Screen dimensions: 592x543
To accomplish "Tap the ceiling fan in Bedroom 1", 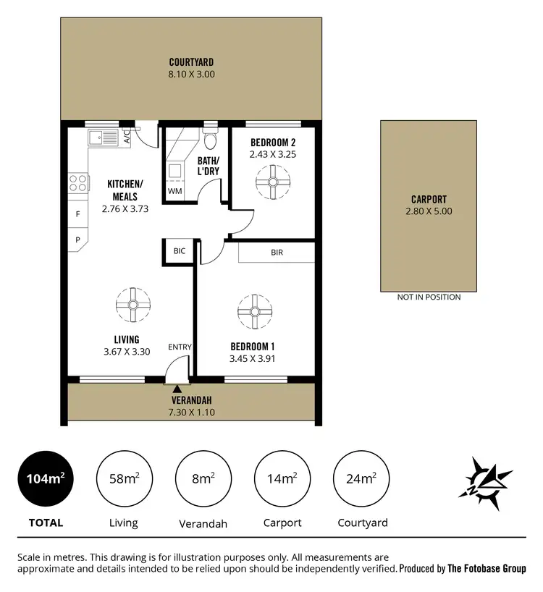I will (x=254, y=311).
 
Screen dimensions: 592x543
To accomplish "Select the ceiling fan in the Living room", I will (x=132, y=305).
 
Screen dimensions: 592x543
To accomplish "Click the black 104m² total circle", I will (x=45, y=478).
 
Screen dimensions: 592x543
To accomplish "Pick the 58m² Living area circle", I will (x=123, y=478).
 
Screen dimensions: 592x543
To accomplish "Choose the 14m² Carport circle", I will (x=282, y=478).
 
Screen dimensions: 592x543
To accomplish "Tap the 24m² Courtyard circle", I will (x=361, y=478).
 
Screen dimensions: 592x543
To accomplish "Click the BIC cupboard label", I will (x=179, y=251).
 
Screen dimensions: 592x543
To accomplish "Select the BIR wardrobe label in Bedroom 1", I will (x=277, y=252).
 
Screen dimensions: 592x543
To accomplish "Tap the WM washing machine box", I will (x=174, y=191).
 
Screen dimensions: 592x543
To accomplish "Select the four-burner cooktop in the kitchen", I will (x=77, y=182).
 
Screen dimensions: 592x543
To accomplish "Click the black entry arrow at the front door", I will (x=177, y=390).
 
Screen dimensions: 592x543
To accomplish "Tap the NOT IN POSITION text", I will (x=429, y=297).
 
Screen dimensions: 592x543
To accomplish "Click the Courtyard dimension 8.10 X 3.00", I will (x=191, y=74).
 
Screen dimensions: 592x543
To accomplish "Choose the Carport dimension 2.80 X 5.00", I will (x=429, y=211).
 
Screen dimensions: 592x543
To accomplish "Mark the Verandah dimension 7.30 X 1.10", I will (x=191, y=413).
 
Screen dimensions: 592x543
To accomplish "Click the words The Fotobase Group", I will (x=487, y=569).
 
